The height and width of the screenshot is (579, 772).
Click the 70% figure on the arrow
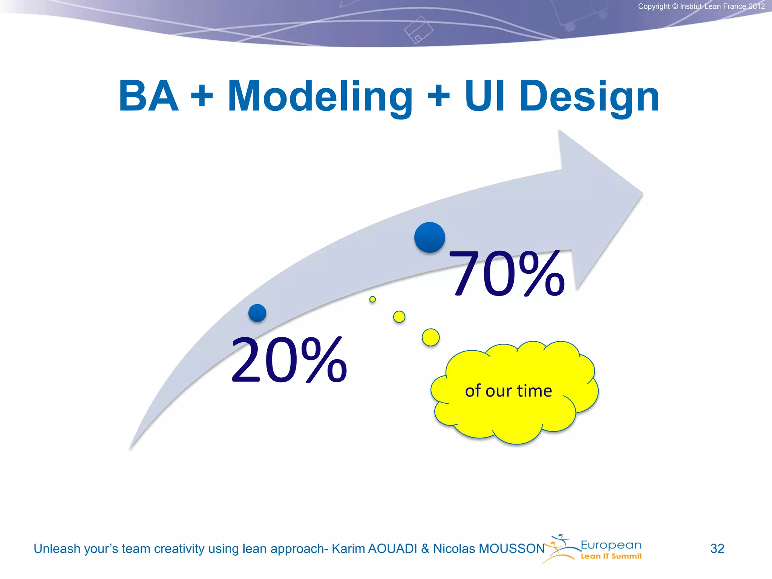[507, 273]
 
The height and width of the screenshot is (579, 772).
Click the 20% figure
[289, 360]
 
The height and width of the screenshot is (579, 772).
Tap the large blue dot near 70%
[429, 237]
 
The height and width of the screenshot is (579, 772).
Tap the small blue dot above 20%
[257, 313]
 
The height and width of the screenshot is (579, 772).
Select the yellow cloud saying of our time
[513, 392]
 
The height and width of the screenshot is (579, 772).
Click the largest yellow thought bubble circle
[430, 337]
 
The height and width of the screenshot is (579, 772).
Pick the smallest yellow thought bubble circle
[372, 299]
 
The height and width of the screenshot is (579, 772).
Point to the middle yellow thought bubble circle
[399, 317]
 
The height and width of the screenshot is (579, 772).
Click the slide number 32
[717, 548]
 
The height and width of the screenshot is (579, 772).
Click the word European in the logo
[611, 545]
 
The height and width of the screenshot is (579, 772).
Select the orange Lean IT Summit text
[611, 556]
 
